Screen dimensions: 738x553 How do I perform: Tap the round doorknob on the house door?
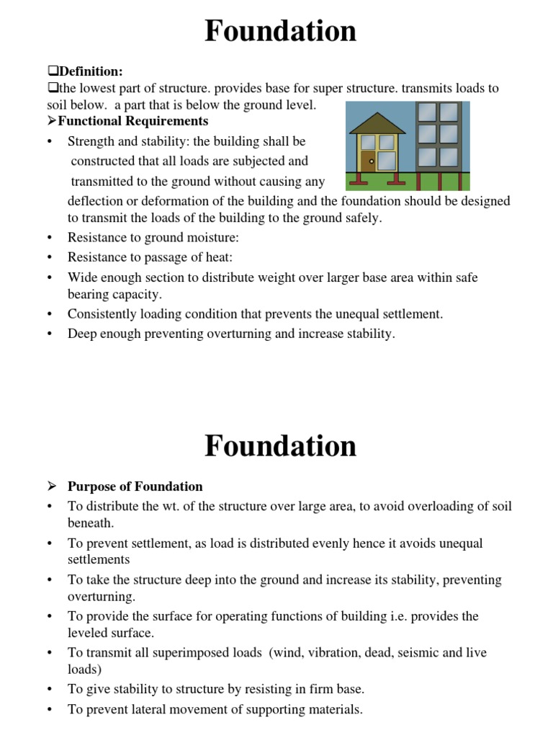(x=372, y=161)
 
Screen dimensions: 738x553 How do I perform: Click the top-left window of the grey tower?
(x=428, y=112)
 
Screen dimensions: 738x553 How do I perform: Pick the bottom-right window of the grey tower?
(x=449, y=158)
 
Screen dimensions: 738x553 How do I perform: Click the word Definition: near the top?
(x=91, y=71)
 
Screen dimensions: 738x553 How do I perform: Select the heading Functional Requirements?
(x=132, y=121)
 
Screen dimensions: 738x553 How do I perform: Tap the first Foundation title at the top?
(x=280, y=31)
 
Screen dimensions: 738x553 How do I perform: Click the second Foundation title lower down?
(x=280, y=445)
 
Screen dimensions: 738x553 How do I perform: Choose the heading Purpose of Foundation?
(x=135, y=486)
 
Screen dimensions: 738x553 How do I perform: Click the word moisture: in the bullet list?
(x=216, y=237)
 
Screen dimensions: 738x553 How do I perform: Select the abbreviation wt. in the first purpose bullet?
(x=164, y=507)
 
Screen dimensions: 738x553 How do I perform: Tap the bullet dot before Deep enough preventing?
(x=48, y=334)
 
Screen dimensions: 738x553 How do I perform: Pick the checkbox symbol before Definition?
(x=52, y=71)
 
